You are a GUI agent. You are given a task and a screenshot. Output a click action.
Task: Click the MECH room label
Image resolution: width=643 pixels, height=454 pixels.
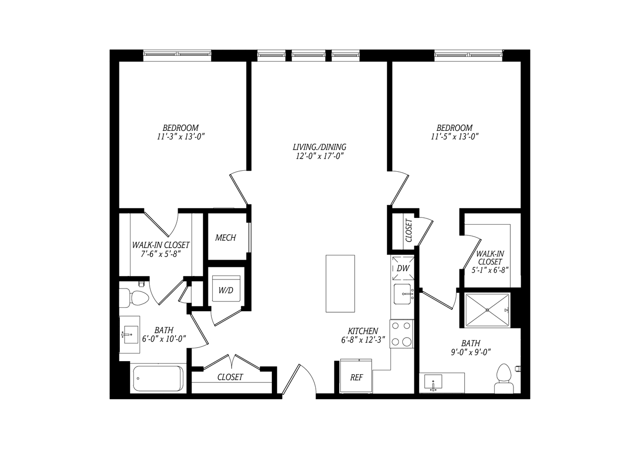click(x=226, y=238)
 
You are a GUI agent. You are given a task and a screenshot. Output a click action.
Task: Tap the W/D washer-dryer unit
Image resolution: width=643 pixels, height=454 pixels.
click(x=226, y=288)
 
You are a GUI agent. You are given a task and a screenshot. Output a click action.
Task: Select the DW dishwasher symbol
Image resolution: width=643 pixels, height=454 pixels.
click(x=403, y=268)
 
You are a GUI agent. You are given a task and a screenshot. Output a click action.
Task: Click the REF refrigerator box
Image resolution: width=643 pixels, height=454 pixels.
click(x=356, y=376)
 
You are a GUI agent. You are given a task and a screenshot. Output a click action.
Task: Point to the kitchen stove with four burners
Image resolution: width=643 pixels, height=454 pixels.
click(x=402, y=334)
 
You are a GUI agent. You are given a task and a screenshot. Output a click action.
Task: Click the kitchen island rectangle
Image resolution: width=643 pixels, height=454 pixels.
click(x=340, y=283)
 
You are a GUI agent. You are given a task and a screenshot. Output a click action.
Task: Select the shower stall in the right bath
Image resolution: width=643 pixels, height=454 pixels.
click(x=488, y=310)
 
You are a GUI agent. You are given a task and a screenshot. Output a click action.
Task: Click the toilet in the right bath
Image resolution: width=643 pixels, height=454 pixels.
click(x=504, y=378)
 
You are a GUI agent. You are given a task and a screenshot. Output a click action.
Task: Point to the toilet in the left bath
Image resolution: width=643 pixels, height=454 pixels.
click(x=134, y=297)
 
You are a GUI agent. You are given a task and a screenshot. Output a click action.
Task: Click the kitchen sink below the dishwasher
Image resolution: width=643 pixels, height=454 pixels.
click(x=403, y=294)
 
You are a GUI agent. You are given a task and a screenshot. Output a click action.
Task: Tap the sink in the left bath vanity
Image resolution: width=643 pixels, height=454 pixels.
click(x=130, y=334)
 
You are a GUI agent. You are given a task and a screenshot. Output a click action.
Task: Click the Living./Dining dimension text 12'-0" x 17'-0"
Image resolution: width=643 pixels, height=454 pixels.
click(x=320, y=156)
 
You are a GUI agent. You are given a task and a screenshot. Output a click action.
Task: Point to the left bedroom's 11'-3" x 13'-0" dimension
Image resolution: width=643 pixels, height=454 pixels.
click(x=180, y=137)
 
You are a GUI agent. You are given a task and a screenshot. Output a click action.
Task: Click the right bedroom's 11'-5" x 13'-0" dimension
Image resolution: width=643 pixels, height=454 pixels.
click(x=455, y=137)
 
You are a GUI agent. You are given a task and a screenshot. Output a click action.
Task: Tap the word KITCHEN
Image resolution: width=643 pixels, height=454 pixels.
click(x=363, y=331)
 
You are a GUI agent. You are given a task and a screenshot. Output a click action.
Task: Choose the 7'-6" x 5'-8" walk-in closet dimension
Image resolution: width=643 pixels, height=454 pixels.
click(x=161, y=254)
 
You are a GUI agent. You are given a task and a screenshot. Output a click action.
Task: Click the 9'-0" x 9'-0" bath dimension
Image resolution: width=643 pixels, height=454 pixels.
click(x=471, y=352)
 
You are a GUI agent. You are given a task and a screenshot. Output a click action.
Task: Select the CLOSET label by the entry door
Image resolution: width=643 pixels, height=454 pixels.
click(x=230, y=377)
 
